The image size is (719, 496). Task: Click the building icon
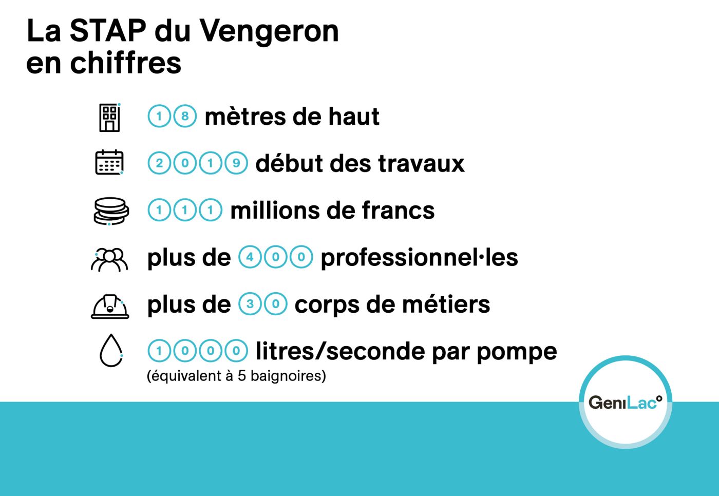[x=109, y=118]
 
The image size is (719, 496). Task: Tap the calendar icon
[x=109, y=162]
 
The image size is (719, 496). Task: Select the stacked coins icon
[x=111, y=211]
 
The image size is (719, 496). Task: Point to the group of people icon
[x=109, y=260]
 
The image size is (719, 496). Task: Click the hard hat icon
[x=110, y=307]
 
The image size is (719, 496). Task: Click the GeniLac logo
[x=626, y=403]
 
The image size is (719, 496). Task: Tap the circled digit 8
[x=185, y=116]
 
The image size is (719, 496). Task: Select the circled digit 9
[x=236, y=163]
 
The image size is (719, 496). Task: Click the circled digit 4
[x=250, y=257]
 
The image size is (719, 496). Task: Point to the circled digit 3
[x=250, y=303]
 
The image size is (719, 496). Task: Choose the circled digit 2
[x=159, y=163]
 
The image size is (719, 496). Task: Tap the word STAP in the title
[x=108, y=30]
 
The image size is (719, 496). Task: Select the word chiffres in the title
[x=126, y=62]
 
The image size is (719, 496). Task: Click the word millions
[x=275, y=211]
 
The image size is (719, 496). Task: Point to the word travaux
[x=421, y=164]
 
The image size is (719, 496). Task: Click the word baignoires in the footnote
[x=288, y=376]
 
